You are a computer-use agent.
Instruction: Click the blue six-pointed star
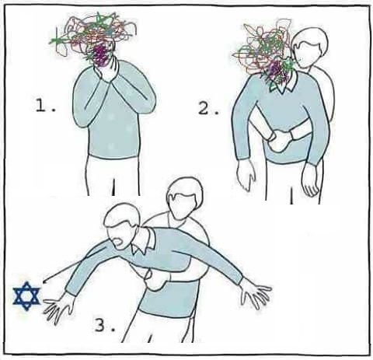point(26,295)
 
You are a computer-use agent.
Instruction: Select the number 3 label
point(105,326)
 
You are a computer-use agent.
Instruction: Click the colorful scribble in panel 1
point(93,37)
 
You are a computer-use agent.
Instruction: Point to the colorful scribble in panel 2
point(264,53)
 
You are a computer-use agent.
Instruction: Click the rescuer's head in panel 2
point(310,48)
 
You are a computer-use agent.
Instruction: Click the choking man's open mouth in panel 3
point(120,243)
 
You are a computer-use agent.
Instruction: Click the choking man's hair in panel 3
point(121,215)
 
